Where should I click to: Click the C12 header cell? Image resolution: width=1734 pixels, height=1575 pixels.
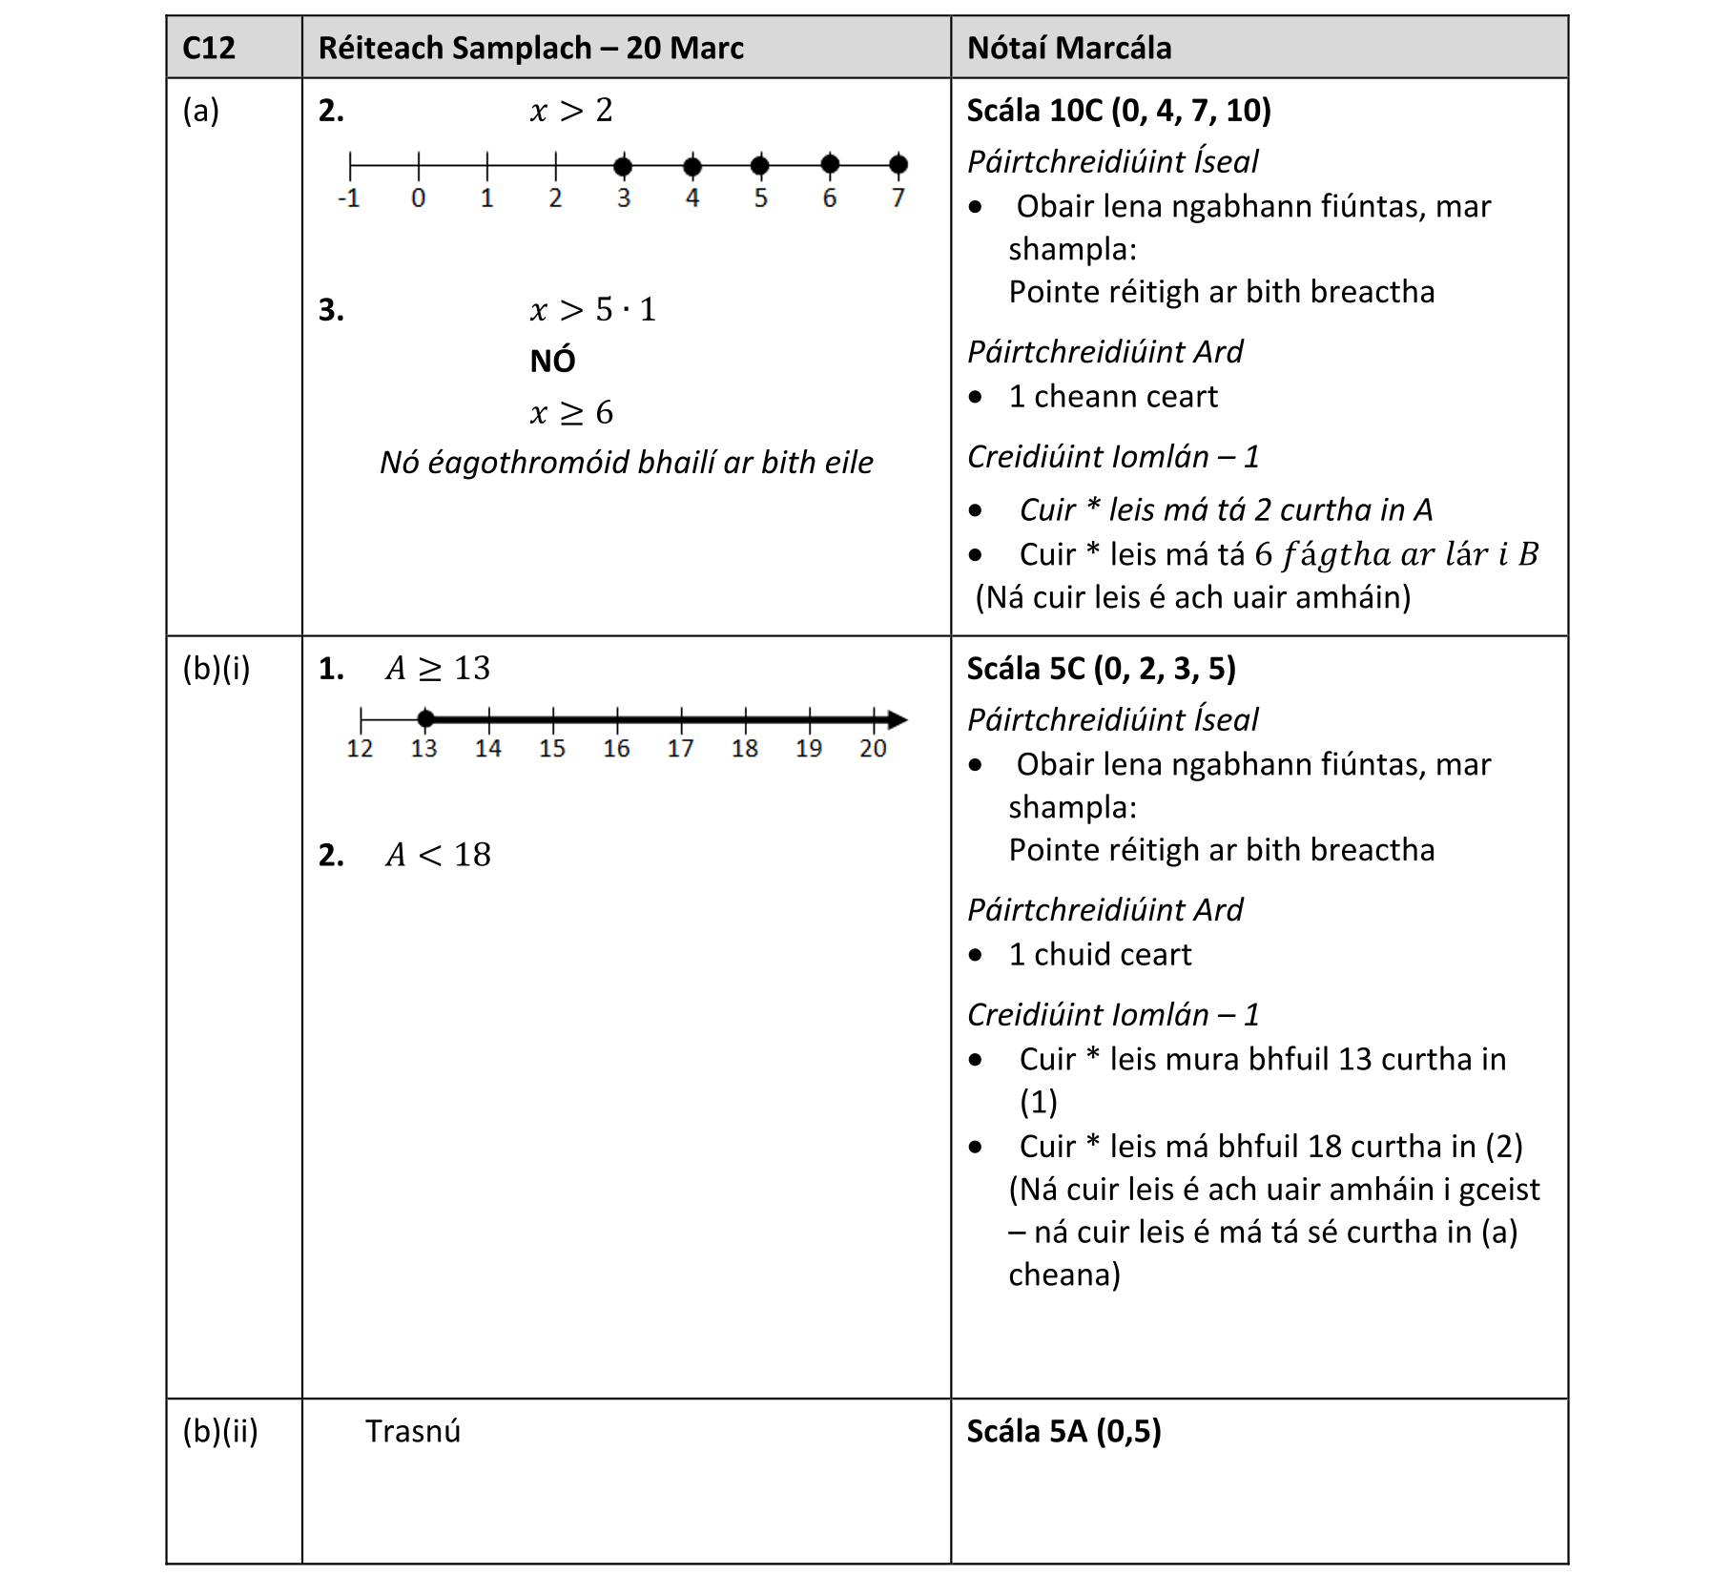(x=209, y=48)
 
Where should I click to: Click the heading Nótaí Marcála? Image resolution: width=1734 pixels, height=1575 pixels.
(x=1068, y=48)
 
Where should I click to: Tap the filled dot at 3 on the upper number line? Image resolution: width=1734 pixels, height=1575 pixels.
(x=623, y=166)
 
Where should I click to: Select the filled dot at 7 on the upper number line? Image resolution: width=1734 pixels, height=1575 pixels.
(x=898, y=165)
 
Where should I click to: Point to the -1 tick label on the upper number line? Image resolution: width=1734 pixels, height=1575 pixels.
(x=349, y=198)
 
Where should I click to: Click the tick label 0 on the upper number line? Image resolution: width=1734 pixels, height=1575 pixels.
(x=418, y=198)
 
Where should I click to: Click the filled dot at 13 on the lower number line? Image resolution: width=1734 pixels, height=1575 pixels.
(x=425, y=719)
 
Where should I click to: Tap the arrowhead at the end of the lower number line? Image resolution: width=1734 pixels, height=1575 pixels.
(x=896, y=720)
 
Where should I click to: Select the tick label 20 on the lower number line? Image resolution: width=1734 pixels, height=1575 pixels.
(x=873, y=749)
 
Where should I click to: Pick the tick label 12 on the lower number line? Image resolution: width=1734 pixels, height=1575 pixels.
(x=360, y=749)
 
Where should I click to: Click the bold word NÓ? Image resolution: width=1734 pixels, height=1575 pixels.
(x=552, y=361)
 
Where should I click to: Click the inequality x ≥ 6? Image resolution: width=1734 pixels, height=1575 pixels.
(x=571, y=412)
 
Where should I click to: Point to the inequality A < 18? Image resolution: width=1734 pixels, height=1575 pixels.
(x=438, y=855)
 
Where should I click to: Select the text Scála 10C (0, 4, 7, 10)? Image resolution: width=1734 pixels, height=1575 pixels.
(x=1118, y=111)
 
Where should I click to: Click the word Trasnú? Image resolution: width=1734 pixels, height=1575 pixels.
(x=412, y=1431)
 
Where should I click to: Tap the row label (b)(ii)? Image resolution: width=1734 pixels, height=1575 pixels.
(x=220, y=1431)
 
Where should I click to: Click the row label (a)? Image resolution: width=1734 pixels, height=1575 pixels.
(x=201, y=111)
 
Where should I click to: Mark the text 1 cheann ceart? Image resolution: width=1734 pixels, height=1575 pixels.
(x=1112, y=396)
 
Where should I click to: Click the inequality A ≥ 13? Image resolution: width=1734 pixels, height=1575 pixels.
(x=438, y=668)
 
